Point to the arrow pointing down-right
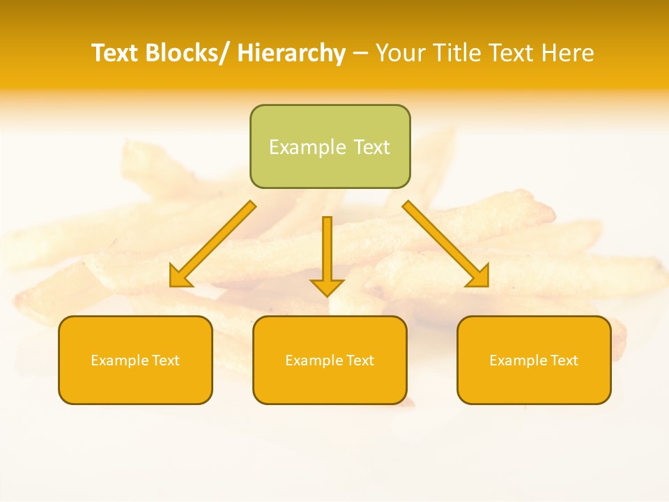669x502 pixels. click(445, 243)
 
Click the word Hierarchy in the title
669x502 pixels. click(291, 53)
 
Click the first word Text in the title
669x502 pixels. click(115, 53)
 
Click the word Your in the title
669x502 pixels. click(401, 53)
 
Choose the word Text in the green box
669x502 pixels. click(370, 147)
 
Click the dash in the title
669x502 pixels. click(360, 53)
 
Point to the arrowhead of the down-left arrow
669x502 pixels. click(180, 277)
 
